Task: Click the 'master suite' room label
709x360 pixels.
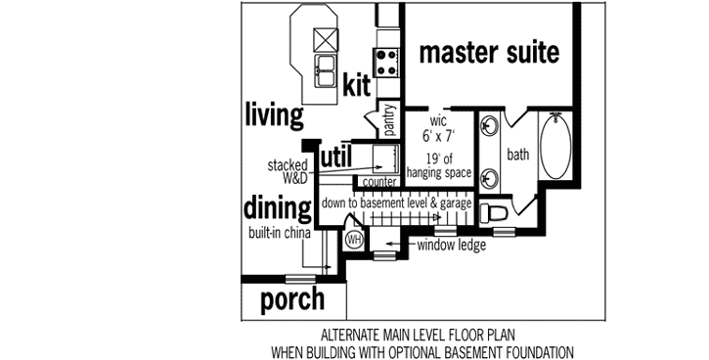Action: [x=489, y=52]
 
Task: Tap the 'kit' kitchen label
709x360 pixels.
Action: [x=357, y=87]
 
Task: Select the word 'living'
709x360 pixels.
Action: [x=274, y=114]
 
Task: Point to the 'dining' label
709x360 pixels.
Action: [x=278, y=207]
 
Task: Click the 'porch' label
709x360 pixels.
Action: [x=292, y=300]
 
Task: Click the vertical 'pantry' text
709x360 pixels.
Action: [x=389, y=121]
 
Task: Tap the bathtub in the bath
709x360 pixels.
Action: [x=558, y=146]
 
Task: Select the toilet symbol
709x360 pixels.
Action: [x=495, y=214]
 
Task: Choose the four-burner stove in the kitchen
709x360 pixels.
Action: [x=386, y=63]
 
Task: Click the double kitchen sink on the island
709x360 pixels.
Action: [x=324, y=67]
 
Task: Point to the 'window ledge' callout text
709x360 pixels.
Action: [x=451, y=245]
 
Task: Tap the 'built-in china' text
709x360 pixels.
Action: [x=280, y=234]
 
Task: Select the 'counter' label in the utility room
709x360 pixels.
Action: [x=378, y=182]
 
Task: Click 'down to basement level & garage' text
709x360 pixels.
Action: [x=397, y=202]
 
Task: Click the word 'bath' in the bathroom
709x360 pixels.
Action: [x=518, y=154]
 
